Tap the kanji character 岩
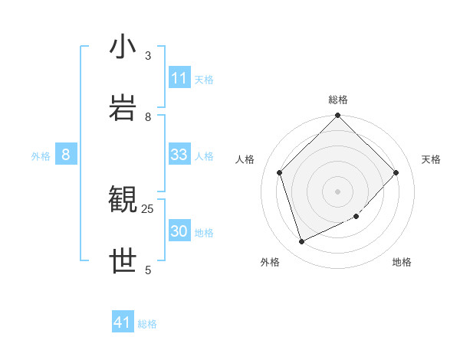(x=123, y=107)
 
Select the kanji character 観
(x=123, y=201)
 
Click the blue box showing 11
(x=179, y=78)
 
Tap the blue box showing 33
(x=179, y=155)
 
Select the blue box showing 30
(x=179, y=231)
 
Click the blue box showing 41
(x=123, y=322)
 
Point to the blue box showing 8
(x=66, y=155)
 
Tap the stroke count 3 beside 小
(x=148, y=55)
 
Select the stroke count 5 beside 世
(x=148, y=270)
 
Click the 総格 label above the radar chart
(x=338, y=100)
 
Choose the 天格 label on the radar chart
(x=432, y=159)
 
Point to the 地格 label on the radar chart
(x=402, y=262)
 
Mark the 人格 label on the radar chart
(x=245, y=159)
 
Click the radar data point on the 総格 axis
(x=338, y=116)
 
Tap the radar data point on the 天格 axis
(x=396, y=172)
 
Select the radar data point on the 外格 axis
(x=301, y=242)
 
